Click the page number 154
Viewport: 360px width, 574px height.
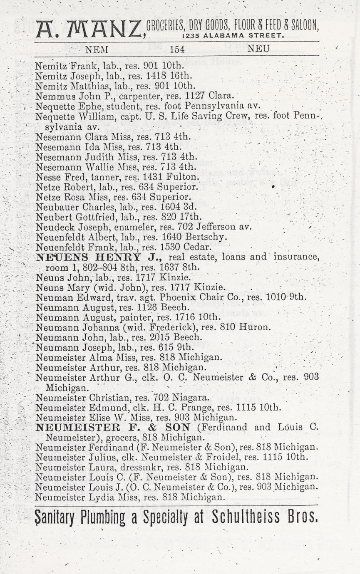point(177,49)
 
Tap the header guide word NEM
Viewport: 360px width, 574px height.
point(97,49)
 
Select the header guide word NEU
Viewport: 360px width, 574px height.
point(258,49)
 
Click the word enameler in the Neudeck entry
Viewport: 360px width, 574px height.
point(119,228)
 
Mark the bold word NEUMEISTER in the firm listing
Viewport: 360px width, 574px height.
point(74,427)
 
